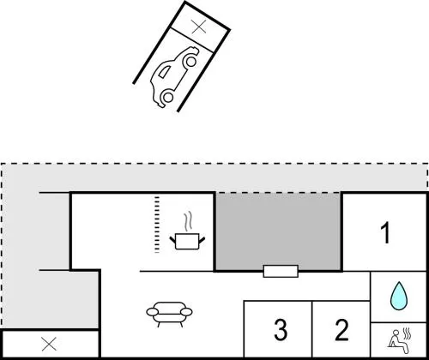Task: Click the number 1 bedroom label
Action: coord(386,233)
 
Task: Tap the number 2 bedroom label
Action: coord(341,330)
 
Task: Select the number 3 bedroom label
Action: coord(281,330)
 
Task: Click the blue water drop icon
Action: coord(399,296)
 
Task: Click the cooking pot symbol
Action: coord(187,242)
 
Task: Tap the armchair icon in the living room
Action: coord(169,315)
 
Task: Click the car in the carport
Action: coord(175,76)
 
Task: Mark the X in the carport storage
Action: coord(199,27)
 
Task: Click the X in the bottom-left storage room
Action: coord(49,344)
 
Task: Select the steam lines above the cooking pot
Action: coord(187,222)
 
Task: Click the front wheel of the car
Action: coord(190,61)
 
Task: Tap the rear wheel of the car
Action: coord(168,97)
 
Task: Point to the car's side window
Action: coord(164,72)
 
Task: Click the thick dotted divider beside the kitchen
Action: coord(157,225)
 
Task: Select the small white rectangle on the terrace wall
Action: coord(281,271)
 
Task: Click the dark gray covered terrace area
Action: coord(278,231)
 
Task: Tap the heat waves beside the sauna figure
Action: coord(407,333)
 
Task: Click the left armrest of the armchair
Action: coord(153,312)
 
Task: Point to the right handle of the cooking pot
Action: coord(202,240)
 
